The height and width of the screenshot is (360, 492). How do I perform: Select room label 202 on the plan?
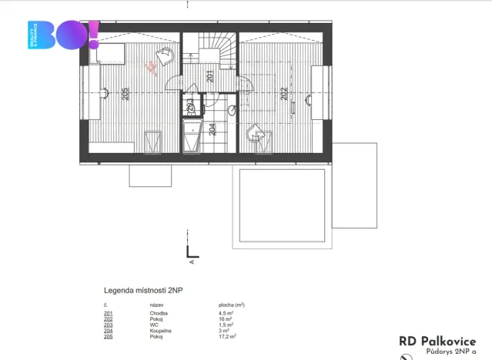click(283, 94)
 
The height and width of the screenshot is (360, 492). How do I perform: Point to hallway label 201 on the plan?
click(209, 75)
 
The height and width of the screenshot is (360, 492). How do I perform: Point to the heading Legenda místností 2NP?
click(144, 291)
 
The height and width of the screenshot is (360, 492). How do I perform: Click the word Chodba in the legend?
click(159, 314)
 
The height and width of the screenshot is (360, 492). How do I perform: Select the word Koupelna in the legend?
click(162, 331)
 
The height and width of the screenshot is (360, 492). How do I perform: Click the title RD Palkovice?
click(437, 341)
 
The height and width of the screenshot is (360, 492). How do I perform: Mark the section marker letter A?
click(191, 261)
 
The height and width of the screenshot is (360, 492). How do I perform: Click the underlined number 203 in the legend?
click(108, 325)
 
